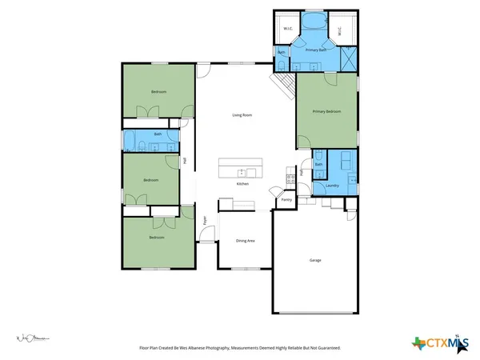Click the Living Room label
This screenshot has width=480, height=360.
[x=242, y=116]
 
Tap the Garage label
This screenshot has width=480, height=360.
[x=315, y=261]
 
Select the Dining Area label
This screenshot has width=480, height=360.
[x=245, y=241]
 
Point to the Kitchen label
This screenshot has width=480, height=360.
[x=242, y=184]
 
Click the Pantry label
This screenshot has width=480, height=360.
[x=286, y=200]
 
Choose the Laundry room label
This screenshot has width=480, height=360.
[x=332, y=186]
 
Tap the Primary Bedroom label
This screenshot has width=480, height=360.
[x=326, y=112]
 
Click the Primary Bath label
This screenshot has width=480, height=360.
[x=315, y=50]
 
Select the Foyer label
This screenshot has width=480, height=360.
[x=204, y=219]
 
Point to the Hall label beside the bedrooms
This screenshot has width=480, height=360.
[x=184, y=161]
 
